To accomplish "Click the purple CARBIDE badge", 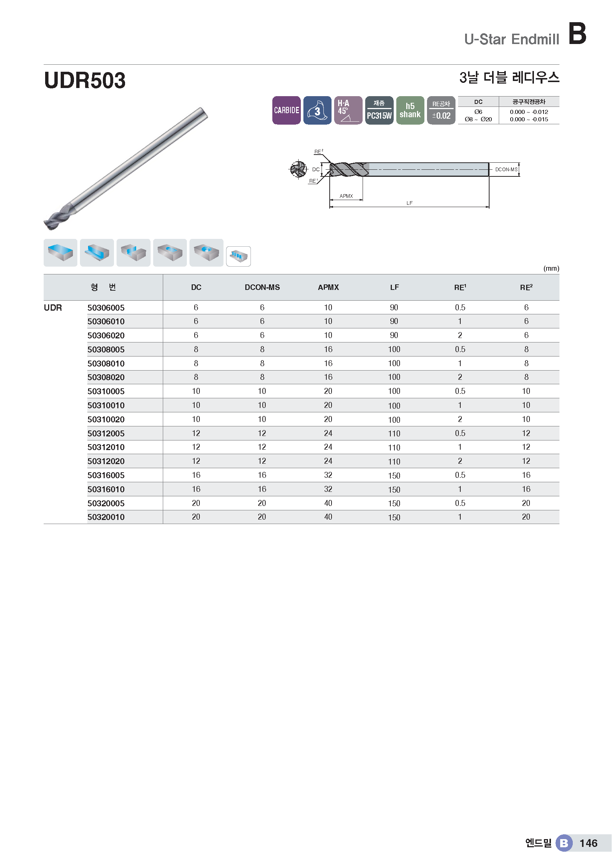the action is pos(286,110).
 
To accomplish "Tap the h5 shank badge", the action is pos(410,110).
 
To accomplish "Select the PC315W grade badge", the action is pos(379,110).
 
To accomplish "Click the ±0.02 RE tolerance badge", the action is pos(441,110).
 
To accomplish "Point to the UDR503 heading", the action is pos(85,80).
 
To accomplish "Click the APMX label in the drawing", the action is pos(346,196).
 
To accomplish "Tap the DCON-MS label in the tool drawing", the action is pos(506,169).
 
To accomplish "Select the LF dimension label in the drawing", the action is pos(409,203).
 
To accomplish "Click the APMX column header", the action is pos(328,287).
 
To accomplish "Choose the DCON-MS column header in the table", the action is pos(262,287).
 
